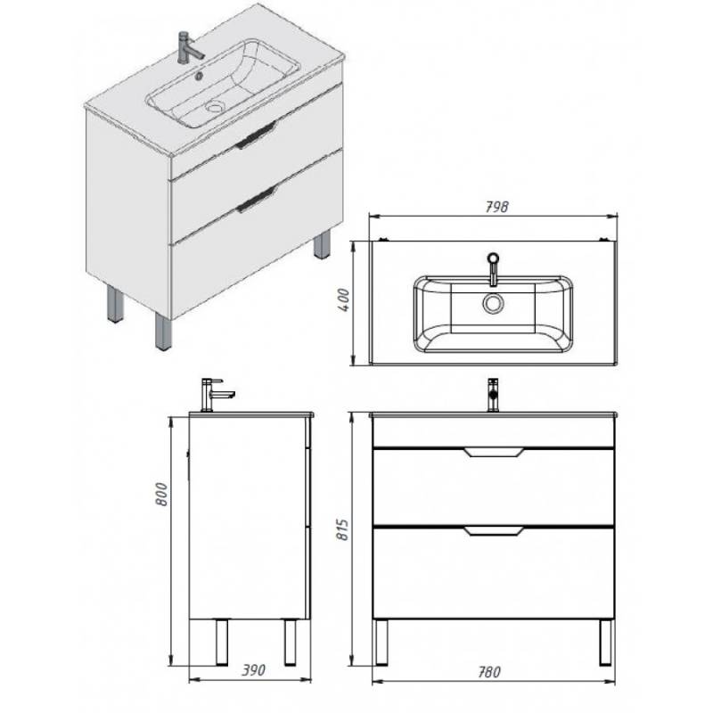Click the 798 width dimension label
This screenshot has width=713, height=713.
coord(496,207)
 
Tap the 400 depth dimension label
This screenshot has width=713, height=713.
coord(344,299)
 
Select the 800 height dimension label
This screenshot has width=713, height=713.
coord(162,495)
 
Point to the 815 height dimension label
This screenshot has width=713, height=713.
coord(342,529)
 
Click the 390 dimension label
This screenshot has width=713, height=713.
coord(253,670)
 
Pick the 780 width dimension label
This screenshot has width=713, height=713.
coord(488,672)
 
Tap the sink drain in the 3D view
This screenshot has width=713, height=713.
coord(214,106)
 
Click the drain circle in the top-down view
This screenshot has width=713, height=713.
coord(493,303)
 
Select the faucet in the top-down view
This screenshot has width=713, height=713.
coord(494,269)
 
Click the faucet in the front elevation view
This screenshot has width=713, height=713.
coord(493,395)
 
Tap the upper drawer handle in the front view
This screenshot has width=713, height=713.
coord(494,452)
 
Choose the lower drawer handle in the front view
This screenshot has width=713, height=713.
coord(494,530)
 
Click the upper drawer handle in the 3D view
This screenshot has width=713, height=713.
coord(256,135)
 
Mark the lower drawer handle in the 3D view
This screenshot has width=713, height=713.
coord(256,200)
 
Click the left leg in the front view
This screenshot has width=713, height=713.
coord(381,642)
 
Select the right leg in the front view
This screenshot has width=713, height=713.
coord(605,642)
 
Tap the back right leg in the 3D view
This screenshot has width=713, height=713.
coord(322,245)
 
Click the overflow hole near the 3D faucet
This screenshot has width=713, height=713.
coord(199,76)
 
